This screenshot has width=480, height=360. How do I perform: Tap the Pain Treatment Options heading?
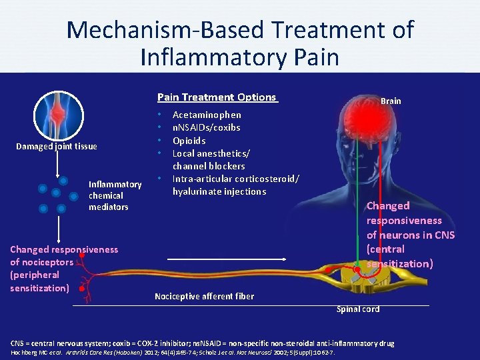(x=217, y=97)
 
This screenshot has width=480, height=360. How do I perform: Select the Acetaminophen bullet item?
(x=207, y=115)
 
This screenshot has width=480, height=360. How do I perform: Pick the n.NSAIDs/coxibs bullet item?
(x=206, y=127)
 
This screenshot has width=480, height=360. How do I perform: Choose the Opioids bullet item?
(x=189, y=141)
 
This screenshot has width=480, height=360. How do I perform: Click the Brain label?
(x=391, y=101)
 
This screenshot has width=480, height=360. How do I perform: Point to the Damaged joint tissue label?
(x=57, y=146)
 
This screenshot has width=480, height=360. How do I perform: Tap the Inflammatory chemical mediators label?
(x=115, y=195)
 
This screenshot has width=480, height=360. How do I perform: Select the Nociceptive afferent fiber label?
(x=204, y=296)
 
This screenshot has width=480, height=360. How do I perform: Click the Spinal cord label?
(x=358, y=309)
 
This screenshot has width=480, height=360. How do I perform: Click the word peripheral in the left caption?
(x=35, y=275)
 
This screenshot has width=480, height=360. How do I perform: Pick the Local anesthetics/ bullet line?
(x=207, y=153)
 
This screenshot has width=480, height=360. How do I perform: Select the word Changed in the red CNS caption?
(x=388, y=206)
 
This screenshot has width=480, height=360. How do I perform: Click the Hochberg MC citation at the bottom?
(x=30, y=351)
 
